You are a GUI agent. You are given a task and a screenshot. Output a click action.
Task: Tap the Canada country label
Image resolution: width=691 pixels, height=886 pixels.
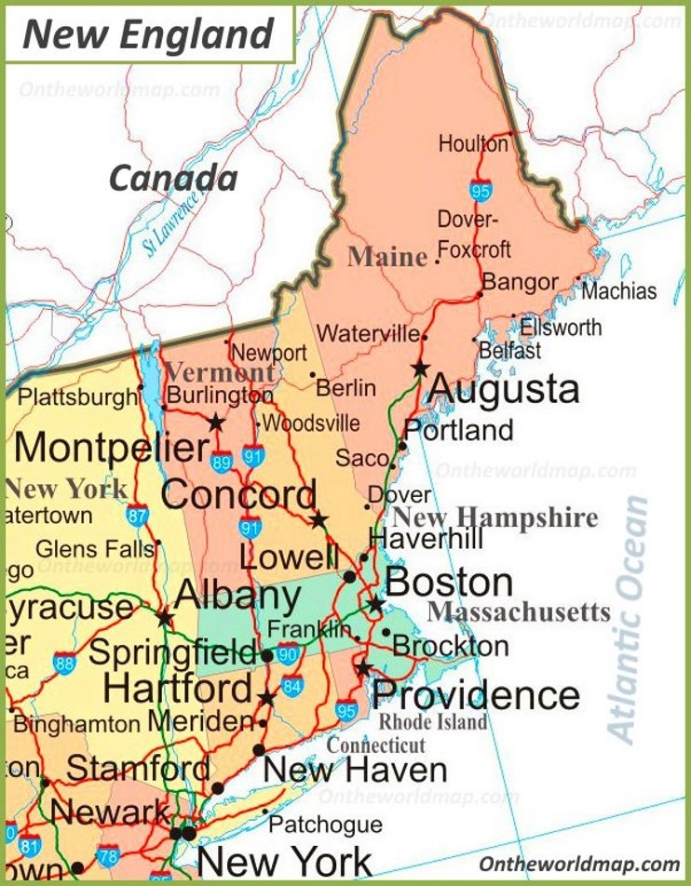173,177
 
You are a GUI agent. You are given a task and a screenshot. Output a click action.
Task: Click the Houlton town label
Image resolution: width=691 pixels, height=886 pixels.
473,144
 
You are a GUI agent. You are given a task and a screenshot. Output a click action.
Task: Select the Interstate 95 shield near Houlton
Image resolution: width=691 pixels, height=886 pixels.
481,191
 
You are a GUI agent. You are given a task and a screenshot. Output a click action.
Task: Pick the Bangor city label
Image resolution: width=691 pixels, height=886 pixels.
520,282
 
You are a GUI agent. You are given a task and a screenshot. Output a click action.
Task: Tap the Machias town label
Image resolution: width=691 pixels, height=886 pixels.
619,291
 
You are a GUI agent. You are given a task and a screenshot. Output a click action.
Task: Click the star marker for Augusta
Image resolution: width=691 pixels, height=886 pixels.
421,367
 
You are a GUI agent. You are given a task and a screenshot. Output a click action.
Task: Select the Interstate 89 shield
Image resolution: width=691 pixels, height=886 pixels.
222,463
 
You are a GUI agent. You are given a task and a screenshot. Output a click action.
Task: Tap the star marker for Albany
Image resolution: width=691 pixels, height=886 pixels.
165,616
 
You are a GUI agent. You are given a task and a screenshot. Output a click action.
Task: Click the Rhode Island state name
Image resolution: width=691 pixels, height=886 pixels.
433,722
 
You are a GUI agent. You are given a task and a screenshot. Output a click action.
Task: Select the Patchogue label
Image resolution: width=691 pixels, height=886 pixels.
326,825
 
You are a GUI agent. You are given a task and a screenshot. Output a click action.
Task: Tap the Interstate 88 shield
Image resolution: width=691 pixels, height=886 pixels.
64,664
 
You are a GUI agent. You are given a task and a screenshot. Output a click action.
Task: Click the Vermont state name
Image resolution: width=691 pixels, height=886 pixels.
220,372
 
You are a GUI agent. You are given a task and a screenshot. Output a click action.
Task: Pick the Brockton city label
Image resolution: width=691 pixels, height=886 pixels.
451,645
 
